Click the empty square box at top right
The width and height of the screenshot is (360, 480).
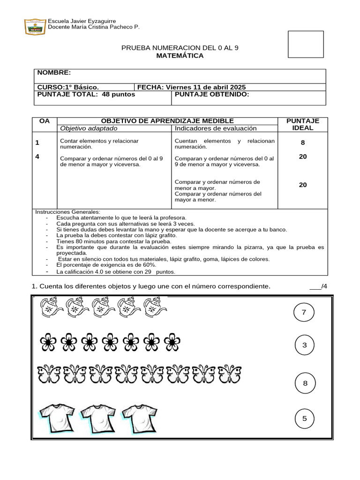[306, 44]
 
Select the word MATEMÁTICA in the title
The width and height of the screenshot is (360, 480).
[180, 56]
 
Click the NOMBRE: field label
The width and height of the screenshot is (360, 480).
[54, 73]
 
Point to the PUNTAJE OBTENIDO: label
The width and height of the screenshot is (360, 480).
[211, 94]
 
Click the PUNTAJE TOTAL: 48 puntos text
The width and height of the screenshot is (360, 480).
[86, 94]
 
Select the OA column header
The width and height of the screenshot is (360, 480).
[45, 121]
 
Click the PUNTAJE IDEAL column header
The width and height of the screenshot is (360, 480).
[303, 124]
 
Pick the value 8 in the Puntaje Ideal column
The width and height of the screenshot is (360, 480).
[303, 142]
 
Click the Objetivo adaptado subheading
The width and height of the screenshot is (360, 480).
[89, 128]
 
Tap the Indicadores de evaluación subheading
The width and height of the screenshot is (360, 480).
[216, 128]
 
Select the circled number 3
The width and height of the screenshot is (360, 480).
[305, 345]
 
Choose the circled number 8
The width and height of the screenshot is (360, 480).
[305, 383]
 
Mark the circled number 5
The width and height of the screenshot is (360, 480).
[305, 418]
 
